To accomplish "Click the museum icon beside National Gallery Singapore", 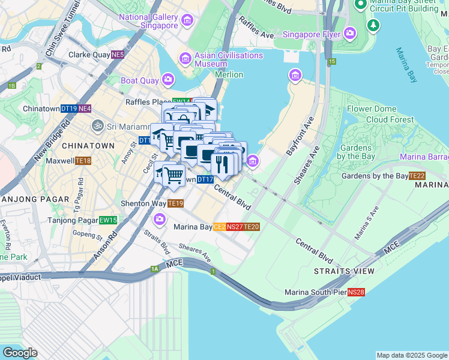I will click(187, 22).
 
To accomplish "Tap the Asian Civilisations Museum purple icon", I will click(185, 59).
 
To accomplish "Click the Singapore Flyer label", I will click(312, 34).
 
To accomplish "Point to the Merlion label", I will click(229, 74).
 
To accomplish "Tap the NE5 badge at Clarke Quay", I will click(118, 55).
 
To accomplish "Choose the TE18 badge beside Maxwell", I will click(83, 161).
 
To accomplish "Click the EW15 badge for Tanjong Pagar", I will click(108, 220).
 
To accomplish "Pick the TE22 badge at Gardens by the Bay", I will click(417, 176).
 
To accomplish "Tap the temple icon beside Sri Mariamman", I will click(96, 126).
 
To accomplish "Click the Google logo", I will click(19, 353).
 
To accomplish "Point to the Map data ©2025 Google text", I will click(411, 355).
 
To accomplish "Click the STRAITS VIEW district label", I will click(340, 272).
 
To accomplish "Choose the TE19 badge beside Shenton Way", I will click(175, 203).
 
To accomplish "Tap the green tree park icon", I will click(373, 25).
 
